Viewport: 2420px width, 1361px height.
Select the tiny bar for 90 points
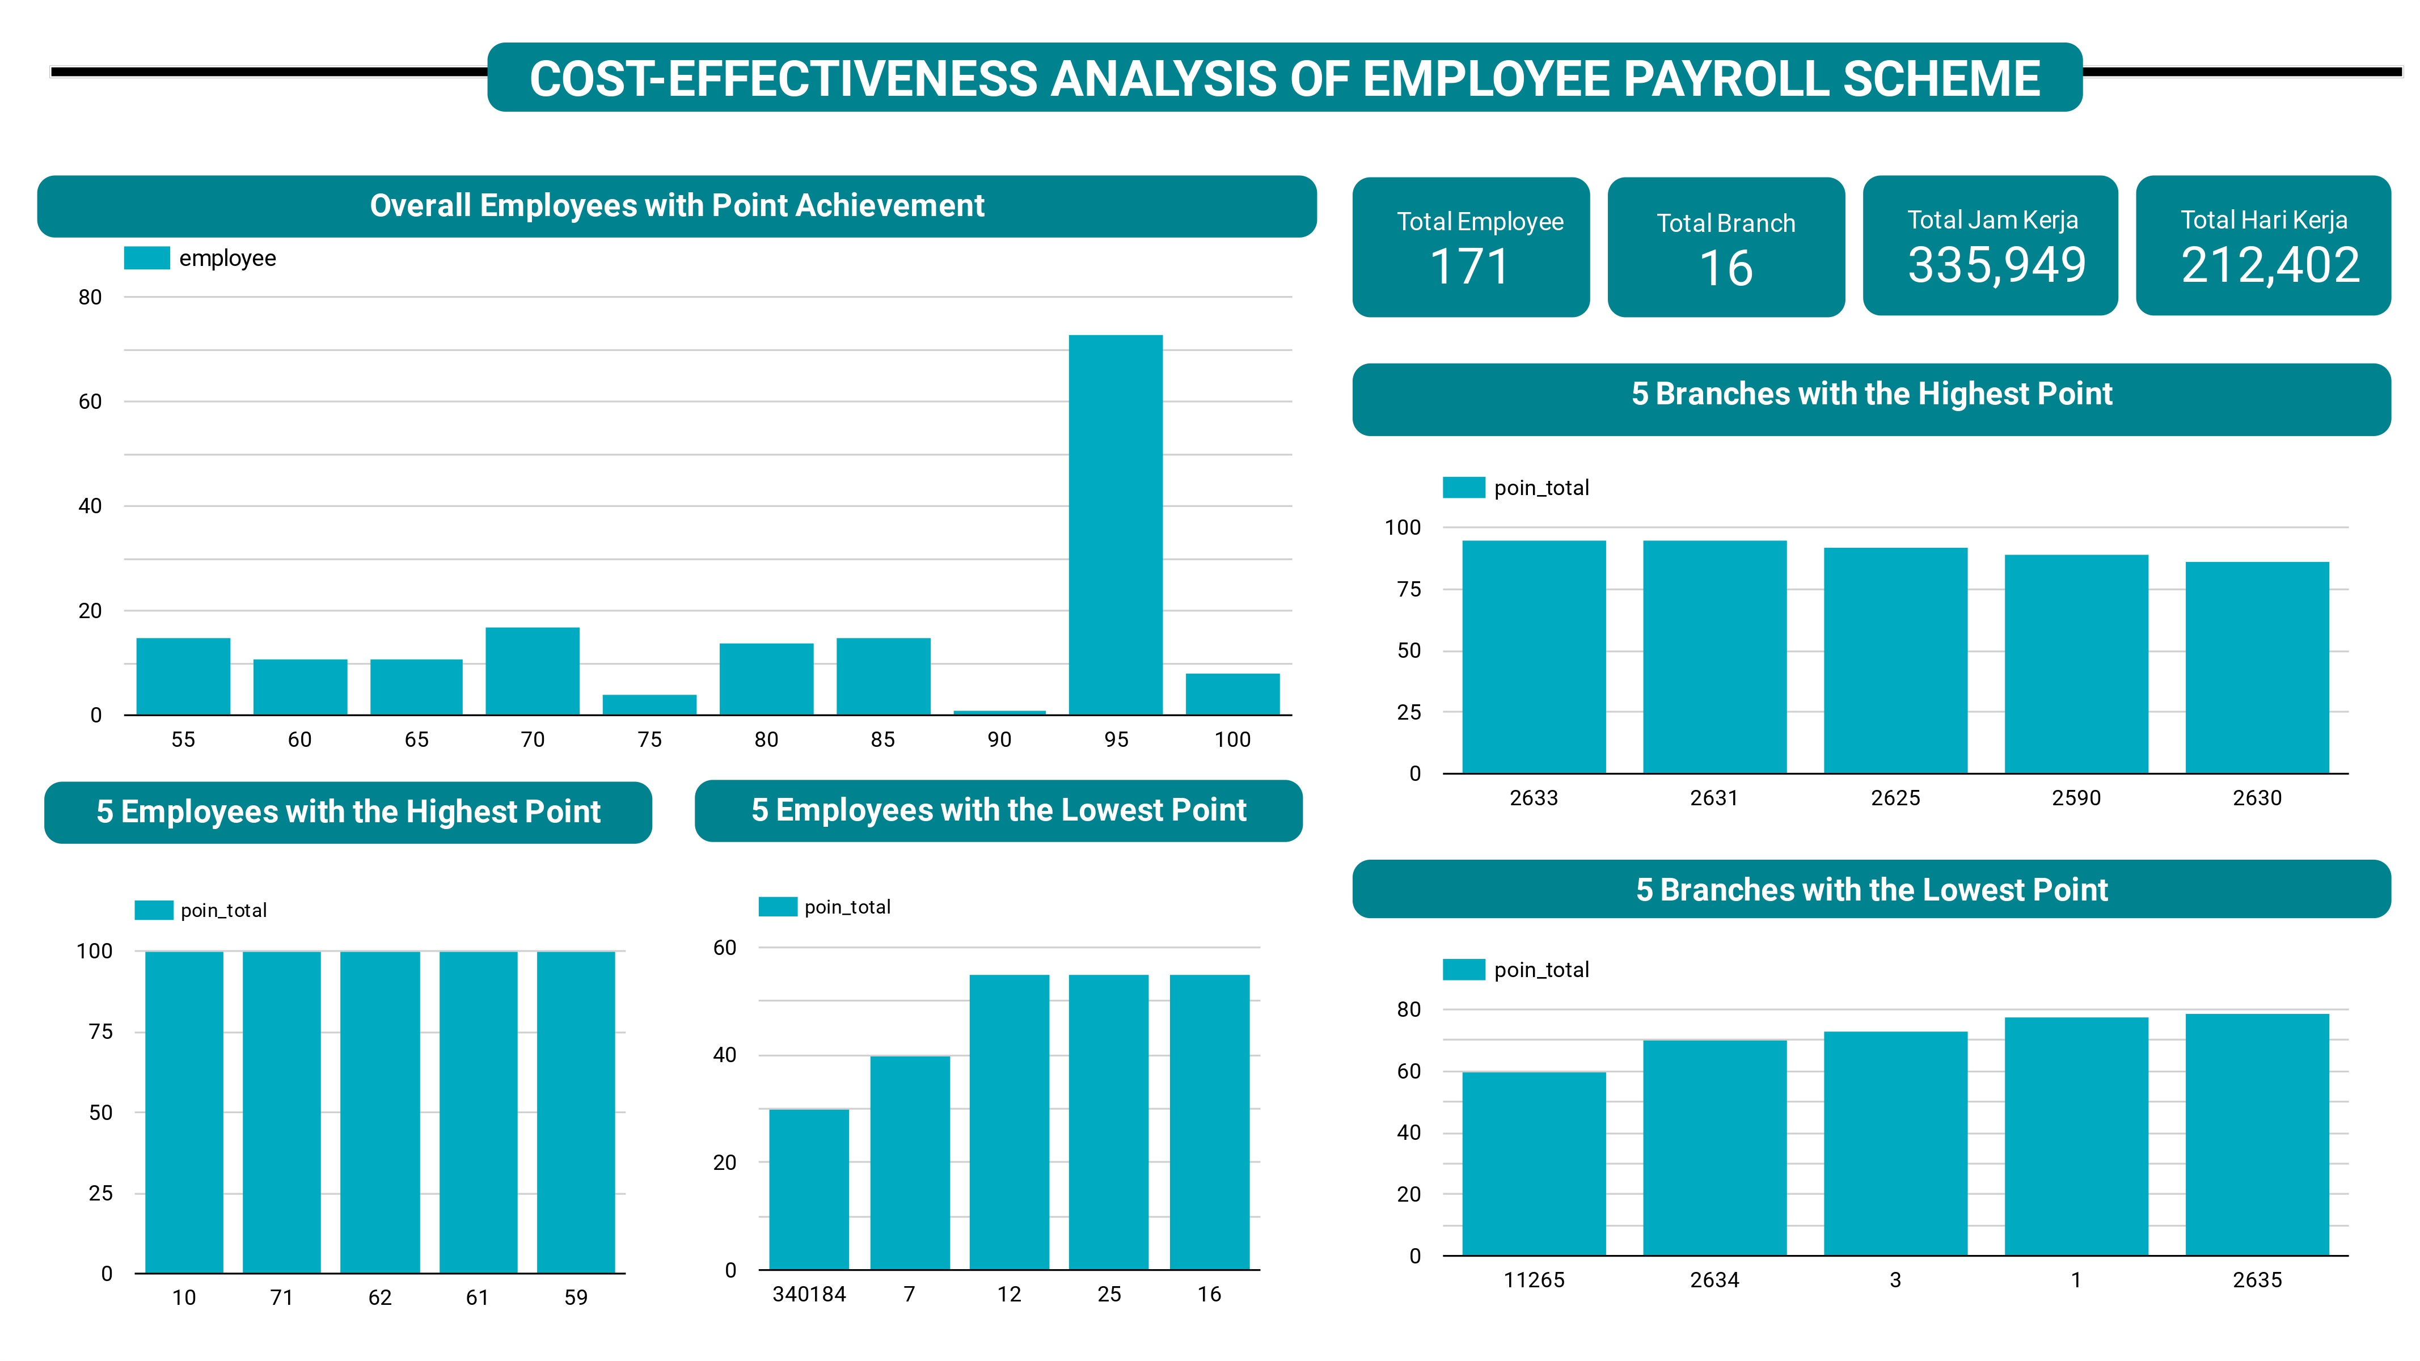[x=999, y=712]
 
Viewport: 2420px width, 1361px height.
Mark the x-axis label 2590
[x=2076, y=798]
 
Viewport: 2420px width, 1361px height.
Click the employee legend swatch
[x=146, y=258]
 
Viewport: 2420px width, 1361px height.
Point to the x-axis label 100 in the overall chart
[x=1232, y=740]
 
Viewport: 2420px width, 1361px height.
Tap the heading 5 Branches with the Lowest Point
[x=1872, y=890]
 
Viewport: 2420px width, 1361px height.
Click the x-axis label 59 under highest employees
[x=576, y=1298]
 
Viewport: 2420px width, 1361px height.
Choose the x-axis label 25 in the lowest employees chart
[x=1109, y=1294]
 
